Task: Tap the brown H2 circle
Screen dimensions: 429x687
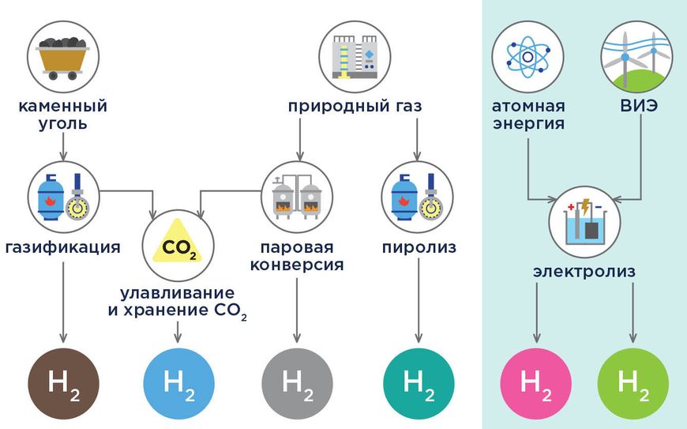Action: [63, 382]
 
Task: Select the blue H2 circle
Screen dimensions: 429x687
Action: [179, 382]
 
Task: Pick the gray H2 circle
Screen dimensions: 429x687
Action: [298, 382]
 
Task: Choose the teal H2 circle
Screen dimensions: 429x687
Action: [417, 382]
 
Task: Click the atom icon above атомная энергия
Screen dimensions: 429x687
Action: [528, 55]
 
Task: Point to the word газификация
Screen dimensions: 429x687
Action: [63, 247]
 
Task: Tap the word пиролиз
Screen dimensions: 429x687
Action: [418, 247]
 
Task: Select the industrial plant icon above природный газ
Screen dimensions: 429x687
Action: [355, 56]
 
